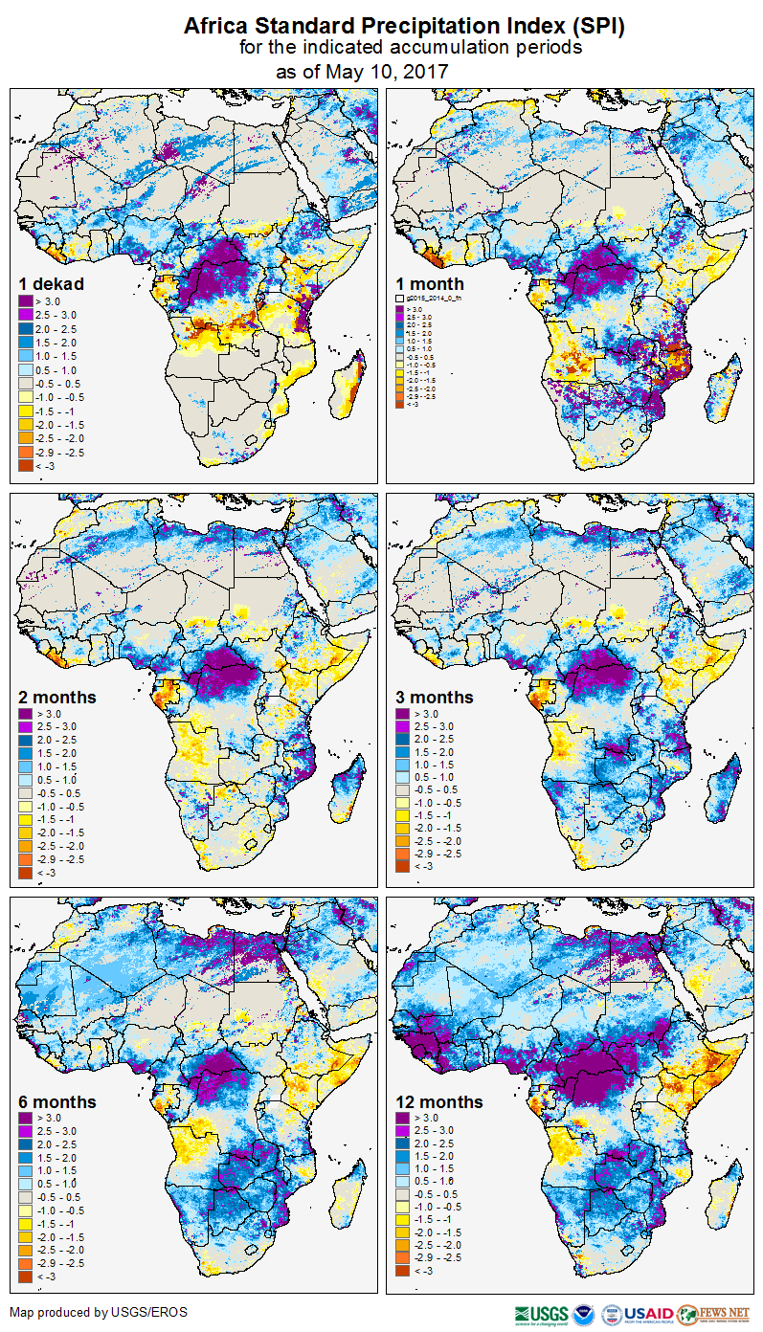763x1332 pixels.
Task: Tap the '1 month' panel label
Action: tap(430, 283)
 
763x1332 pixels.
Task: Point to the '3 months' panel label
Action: tap(435, 697)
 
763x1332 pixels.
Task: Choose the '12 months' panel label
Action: tap(438, 1101)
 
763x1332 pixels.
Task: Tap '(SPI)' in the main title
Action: tap(599, 27)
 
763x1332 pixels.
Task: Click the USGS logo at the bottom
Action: tap(541, 1314)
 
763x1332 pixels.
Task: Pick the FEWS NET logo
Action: tap(714, 1314)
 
